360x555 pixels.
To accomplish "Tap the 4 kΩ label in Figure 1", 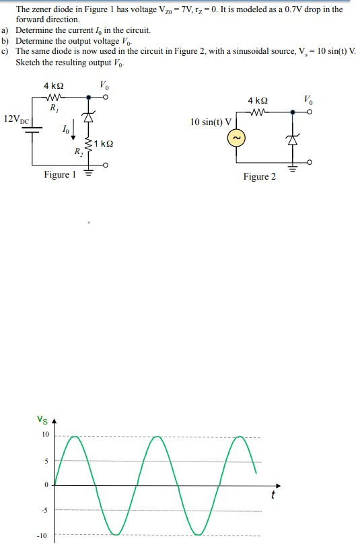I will point(53,86).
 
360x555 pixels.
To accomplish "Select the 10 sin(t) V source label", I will point(211,122).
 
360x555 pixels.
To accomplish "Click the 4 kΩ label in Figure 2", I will point(258,99).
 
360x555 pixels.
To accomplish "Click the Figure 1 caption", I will point(60,175).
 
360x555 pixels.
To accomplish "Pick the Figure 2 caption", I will point(259,177).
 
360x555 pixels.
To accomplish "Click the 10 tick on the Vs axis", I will point(45,435).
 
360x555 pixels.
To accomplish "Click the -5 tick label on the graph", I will point(45,510).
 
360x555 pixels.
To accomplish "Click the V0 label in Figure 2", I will point(307,98).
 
